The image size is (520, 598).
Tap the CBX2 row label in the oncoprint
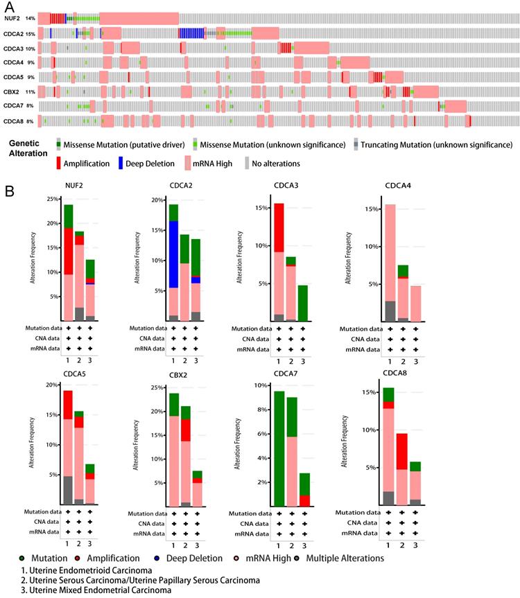tap(11, 91)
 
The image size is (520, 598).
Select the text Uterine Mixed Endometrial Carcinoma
tap(89, 590)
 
